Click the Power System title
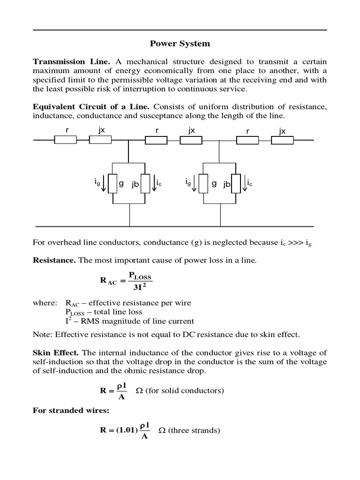pyautogui.click(x=180, y=44)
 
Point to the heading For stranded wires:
pyautogui.click(x=70, y=410)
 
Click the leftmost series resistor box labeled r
pyautogui.click(x=66, y=140)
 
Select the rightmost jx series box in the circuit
pyautogui.click(x=282, y=140)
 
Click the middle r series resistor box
pyautogui.click(x=157, y=140)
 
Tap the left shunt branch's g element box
pyautogui.click(x=113, y=183)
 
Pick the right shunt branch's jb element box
pyautogui.click(x=237, y=183)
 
